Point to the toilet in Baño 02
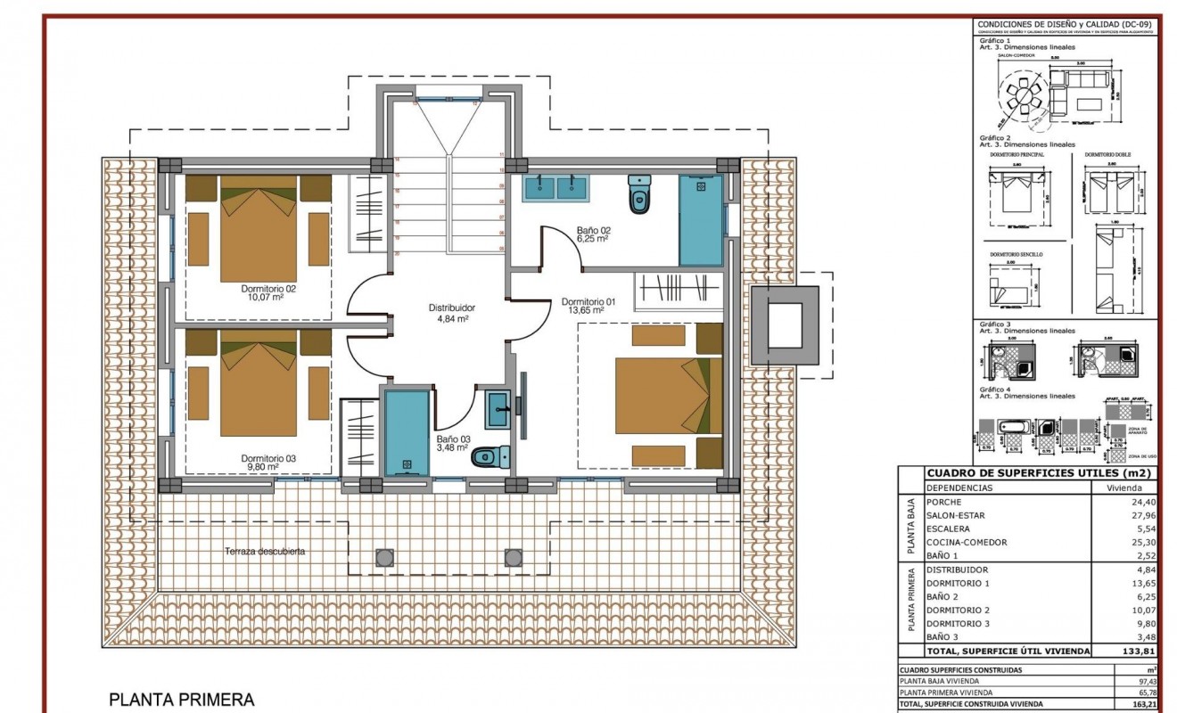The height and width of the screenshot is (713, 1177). (639, 197)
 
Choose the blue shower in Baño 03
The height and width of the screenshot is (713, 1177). (406, 434)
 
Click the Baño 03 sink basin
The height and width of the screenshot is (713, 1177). (499, 413)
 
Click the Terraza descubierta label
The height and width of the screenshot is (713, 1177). (265, 552)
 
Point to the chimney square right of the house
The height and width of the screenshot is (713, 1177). (784, 325)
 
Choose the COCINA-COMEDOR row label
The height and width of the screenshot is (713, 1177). (967, 542)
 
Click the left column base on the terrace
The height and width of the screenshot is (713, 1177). (384, 557)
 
